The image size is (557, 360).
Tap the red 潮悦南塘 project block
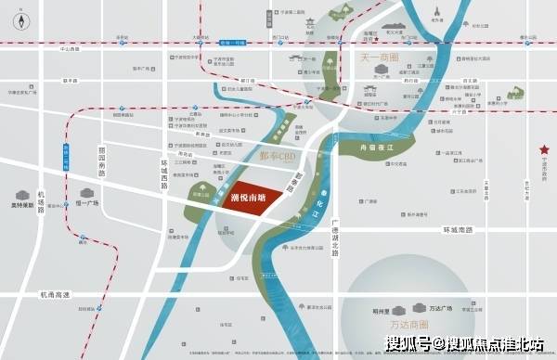click(248, 197)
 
